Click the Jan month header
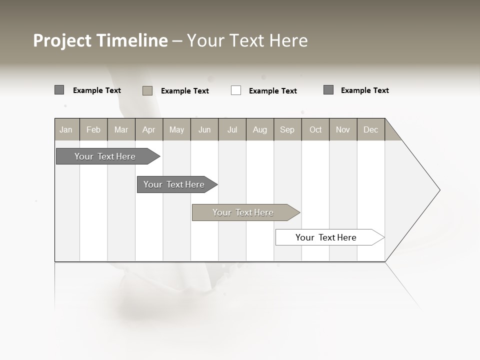point(66,129)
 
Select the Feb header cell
point(93,129)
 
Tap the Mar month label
point(121,129)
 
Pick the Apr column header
point(149,129)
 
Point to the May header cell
point(176,129)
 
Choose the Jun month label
point(204,129)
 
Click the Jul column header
point(232,129)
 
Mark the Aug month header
point(260,129)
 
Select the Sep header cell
point(287,129)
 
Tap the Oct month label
point(315,129)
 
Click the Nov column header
point(343,129)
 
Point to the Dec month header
point(371,129)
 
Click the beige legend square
point(147,90)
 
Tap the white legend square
point(236,90)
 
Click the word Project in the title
point(62,40)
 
